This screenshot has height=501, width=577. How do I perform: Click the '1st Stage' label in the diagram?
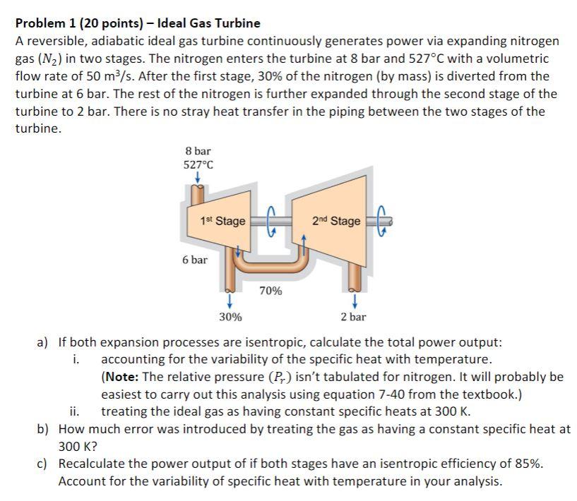(x=222, y=221)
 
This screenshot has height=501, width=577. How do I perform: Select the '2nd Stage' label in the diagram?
(x=335, y=221)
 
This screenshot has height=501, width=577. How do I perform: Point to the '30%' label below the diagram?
(x=230, y=317)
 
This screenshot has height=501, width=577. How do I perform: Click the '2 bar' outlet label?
(x=352, y=317)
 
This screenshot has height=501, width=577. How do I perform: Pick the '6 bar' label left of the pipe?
(x=195, y=260)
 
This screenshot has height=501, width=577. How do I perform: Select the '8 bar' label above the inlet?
(x=198, y=151)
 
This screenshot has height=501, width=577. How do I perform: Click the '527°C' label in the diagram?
(x=198, y=165)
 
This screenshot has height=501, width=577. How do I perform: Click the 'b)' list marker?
(x=43, y=429)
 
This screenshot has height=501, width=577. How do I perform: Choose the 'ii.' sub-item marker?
(x=75, y=411)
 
